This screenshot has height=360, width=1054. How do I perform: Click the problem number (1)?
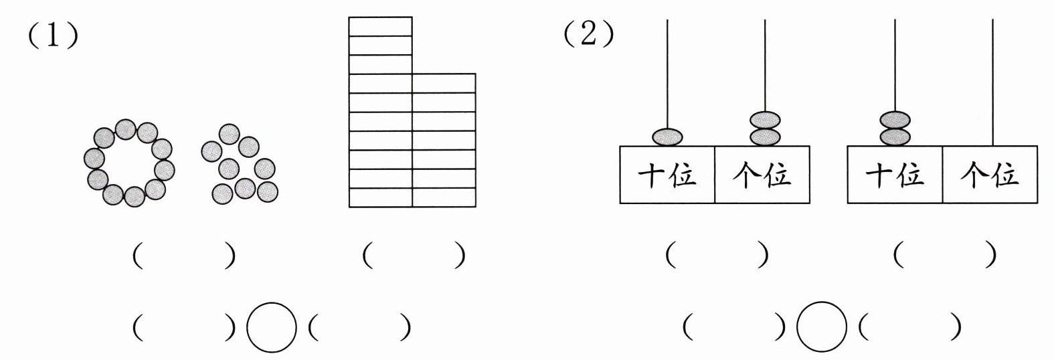coord(53,35)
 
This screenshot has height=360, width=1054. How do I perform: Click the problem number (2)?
coord(589,34)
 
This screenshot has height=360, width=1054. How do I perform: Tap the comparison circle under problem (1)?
coord(272,327)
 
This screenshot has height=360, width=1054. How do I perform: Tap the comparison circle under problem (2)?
coord(822,327)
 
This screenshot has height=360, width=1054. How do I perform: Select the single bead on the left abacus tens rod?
coord(667,137)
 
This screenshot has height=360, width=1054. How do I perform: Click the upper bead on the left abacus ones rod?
coord(765,120)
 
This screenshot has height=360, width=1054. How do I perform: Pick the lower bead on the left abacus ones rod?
coord(765,137)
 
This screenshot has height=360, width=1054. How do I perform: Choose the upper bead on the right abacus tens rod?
coord(895,120)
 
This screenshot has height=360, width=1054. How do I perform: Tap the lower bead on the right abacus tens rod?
coord(895,137)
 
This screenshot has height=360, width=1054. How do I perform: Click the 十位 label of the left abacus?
coord(667,175)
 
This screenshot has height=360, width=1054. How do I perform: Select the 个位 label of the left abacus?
coord(762,175)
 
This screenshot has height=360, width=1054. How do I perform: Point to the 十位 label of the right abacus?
coord(895,175)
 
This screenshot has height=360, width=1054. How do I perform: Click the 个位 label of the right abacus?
coord(990,175)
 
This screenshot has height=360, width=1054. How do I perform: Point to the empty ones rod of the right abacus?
coord(993,82)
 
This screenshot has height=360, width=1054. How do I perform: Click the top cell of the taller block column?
coord(380,26)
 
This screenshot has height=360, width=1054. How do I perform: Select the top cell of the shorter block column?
coord(444,83)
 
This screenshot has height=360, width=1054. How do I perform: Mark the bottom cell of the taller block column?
coord(380,197)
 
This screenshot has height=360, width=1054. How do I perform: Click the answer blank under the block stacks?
coord(414,255)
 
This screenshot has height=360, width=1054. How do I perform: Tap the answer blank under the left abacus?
coord(717,255)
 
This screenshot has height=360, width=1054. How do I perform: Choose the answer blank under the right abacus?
coord(944,255)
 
